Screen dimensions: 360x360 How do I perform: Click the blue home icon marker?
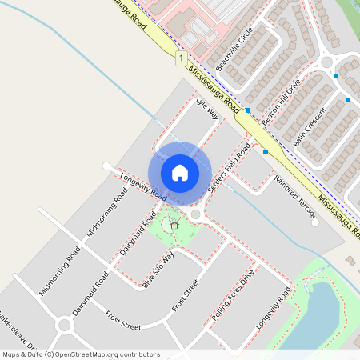pyautogui.click(x=180, y=173)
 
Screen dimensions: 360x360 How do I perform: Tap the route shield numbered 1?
pyautogui.click(x=182, y=58)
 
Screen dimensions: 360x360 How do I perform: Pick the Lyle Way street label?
pyautogui.click(x=207, y=109)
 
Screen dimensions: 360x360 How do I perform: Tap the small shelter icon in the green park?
pyautogui.click(x=174, y=226)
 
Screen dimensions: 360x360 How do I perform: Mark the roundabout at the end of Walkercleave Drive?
pyautogui.click(x=64, y=325)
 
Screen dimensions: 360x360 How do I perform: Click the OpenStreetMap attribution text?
pyautogui.click(x=80, y=354)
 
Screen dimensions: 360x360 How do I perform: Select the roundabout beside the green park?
pyautogui.click(x=195, y=214)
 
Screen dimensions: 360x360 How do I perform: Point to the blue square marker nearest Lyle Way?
pyautogui.click(x=248, y=110)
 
